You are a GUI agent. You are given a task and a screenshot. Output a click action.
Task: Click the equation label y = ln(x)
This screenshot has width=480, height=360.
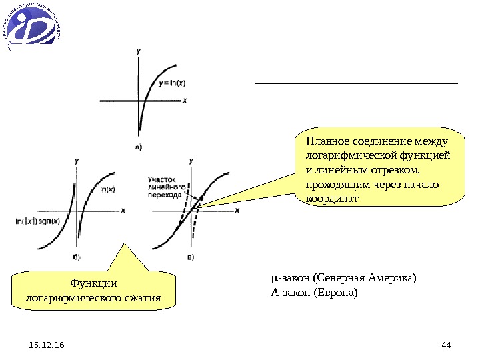(173, 83)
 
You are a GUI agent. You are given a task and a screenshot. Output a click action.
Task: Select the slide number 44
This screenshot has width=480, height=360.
(446, 345)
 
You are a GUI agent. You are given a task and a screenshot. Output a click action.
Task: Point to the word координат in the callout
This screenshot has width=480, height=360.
(332, 199)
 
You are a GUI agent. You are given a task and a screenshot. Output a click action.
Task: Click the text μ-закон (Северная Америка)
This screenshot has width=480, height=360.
(343, 277)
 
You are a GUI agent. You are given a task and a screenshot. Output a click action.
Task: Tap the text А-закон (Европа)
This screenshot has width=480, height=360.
(314, 292)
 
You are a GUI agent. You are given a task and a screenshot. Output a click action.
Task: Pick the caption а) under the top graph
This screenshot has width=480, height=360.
(139, 147)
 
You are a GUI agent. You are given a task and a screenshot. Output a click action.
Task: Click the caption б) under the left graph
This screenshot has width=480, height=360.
(77, 257)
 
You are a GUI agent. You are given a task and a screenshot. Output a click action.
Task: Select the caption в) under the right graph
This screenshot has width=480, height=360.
(191, 257)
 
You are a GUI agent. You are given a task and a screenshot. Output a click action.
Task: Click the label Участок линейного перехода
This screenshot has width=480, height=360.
(165, 188)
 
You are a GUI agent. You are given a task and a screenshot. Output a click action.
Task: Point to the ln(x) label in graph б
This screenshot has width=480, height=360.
(107, 189)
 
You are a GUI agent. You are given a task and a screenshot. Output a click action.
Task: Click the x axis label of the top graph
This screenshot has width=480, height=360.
(185, 101)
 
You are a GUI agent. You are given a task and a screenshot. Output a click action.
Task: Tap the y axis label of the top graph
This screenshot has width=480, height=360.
(138, 51)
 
